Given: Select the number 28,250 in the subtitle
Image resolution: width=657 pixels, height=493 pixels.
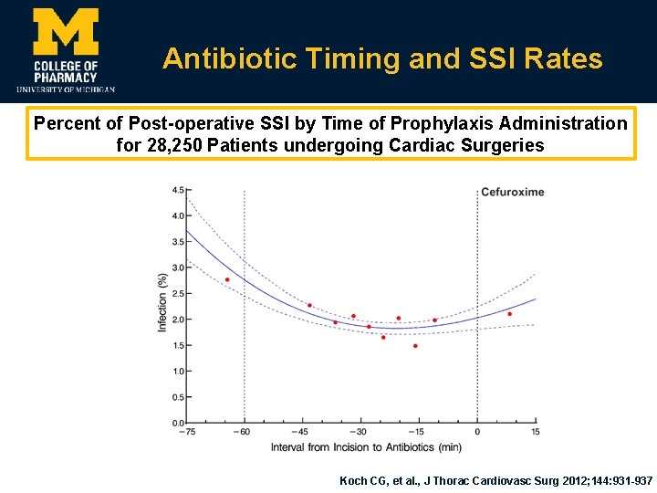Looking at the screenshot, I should pos(178,145).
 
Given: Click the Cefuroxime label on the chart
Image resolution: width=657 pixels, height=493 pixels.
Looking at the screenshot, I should pos(512,192).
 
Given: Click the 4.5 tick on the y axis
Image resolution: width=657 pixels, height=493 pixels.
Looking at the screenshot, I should pos(177,190).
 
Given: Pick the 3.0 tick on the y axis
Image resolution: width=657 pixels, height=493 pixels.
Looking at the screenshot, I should pos(177,267).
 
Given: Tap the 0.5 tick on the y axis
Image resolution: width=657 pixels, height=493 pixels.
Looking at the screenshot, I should pos(177,397).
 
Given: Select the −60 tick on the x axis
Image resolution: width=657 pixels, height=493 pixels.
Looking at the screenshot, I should pos(243,432).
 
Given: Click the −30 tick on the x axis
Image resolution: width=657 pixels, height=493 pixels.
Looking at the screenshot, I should pos(360,432).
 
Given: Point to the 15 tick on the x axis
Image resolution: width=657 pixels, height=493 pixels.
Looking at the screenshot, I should pos(535,432).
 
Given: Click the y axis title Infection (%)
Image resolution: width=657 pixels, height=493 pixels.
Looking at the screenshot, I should pos(162,301).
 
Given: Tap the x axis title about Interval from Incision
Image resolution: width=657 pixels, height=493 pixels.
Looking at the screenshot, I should pos(366,447).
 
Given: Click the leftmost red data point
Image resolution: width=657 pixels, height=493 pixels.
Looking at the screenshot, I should pos(227,279).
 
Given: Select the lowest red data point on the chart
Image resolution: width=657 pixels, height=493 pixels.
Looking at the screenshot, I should pos(415,346).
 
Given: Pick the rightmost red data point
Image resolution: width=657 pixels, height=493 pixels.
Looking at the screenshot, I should pos(509,314).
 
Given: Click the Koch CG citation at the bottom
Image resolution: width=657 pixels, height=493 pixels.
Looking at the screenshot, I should pos(495,480).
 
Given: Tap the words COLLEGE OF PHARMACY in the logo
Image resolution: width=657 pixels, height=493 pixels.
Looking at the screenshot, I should pos(65,71).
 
